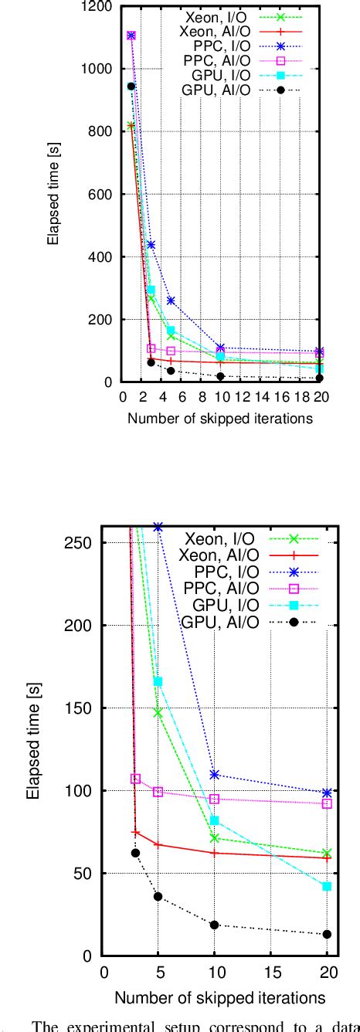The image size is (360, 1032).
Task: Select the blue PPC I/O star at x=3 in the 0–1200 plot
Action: (x=151, y=245)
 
